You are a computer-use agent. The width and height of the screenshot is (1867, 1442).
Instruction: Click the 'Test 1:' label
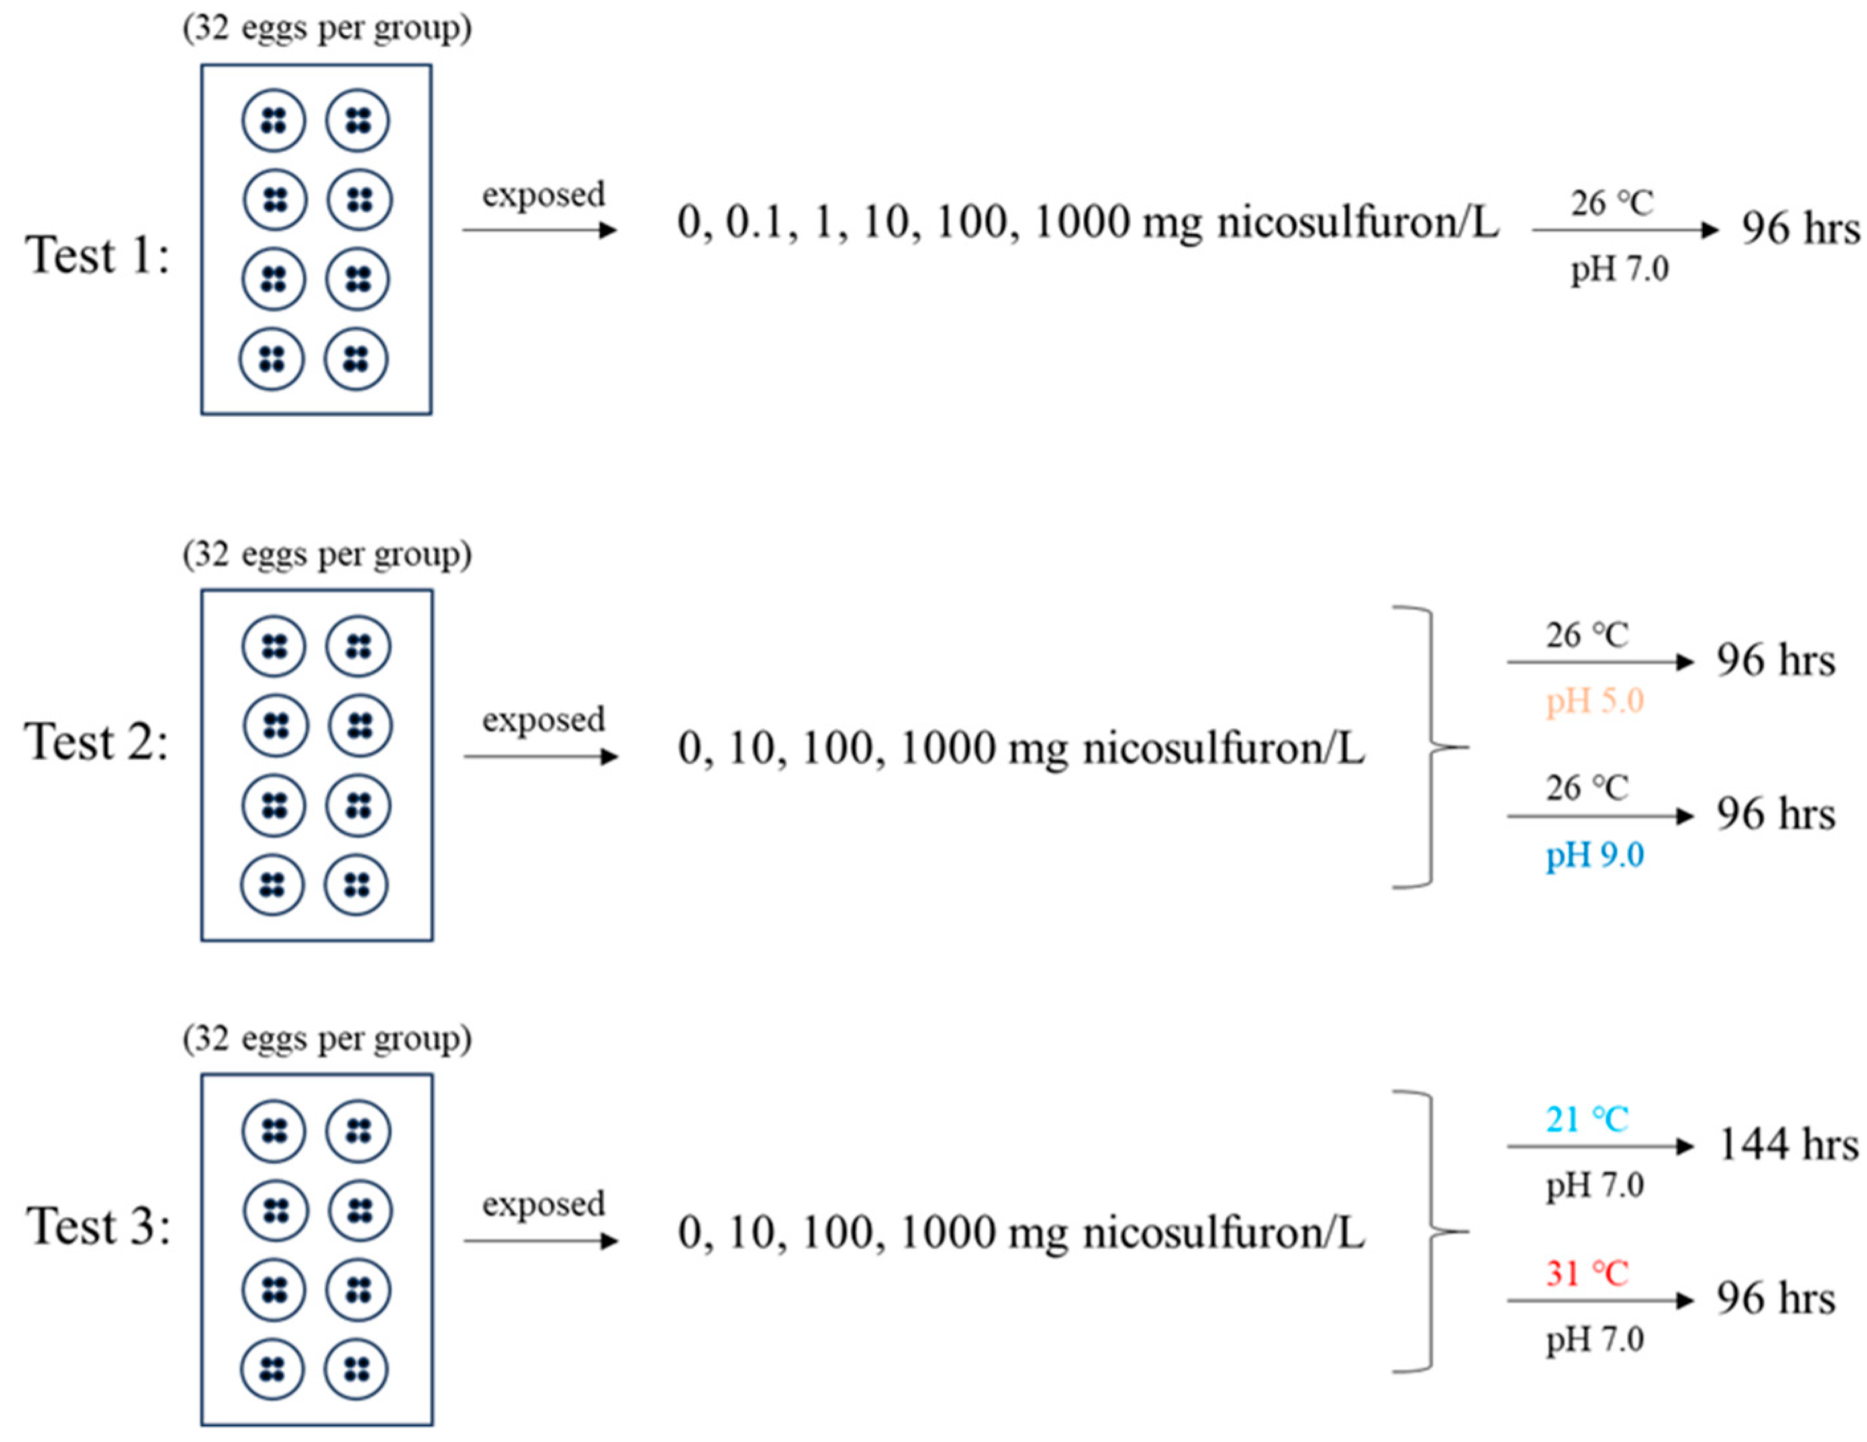click(97, 255)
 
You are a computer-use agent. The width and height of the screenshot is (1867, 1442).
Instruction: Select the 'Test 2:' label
click(97, 741)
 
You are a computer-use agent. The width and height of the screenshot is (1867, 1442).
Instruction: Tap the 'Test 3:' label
click(98, 1227)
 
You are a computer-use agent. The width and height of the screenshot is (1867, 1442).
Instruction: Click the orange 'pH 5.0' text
click(1594, 701)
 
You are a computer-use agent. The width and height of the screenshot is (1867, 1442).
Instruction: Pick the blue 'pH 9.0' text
click(1594, 854)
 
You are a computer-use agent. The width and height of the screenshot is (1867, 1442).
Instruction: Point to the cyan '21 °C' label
click(1586, 1119)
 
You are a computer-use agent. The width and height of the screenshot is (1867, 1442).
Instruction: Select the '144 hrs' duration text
click(1788, 1145)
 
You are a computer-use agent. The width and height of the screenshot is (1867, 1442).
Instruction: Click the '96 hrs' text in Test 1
click(1800, 229)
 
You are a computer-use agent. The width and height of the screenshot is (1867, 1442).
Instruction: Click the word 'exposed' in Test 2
click(543, 719)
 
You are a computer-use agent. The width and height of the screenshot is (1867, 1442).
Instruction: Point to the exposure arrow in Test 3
click(540, 1241)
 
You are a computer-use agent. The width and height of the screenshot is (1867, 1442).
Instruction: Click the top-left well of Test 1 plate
click(273, 120)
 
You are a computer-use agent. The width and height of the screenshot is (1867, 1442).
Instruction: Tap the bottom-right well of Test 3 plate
click(356, 1369)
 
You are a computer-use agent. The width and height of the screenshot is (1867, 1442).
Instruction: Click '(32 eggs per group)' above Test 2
click(326, 554)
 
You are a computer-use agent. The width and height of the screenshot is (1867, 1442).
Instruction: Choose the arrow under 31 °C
click(1600, 1301)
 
